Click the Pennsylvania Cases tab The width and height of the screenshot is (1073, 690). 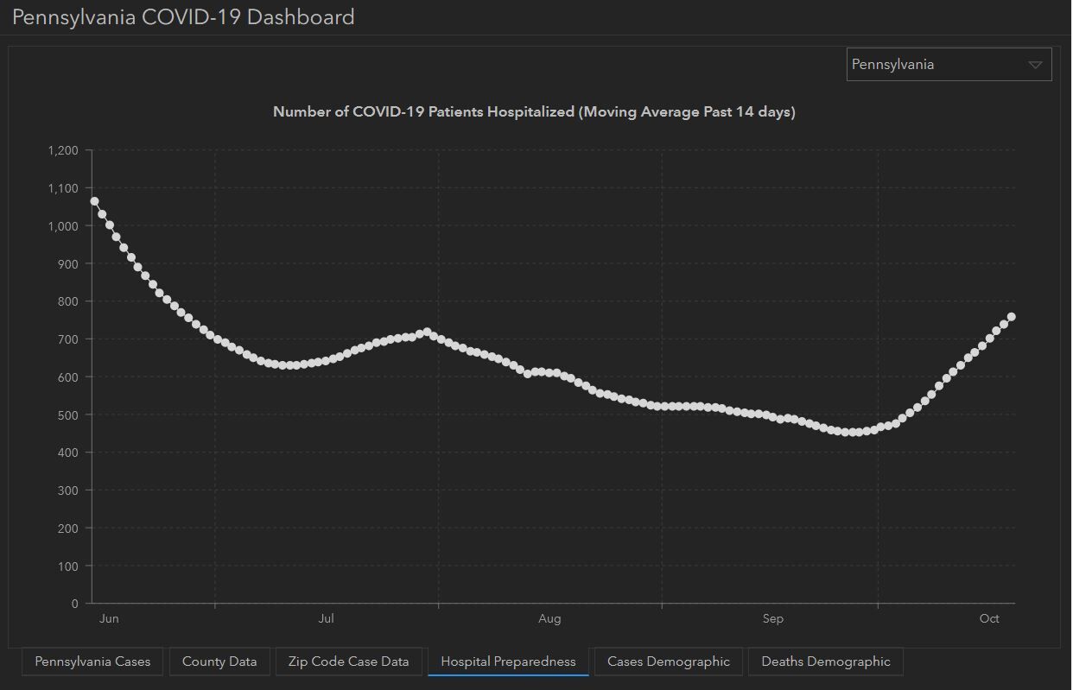point(92,662)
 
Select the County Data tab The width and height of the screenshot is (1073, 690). point(219,662)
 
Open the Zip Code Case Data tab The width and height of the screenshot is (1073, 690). point(348,662)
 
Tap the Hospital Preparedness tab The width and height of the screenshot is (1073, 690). point(508,662)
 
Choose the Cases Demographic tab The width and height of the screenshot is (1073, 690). point(668,662)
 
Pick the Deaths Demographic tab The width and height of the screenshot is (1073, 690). point(825,662)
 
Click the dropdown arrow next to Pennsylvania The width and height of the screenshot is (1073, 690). point(1035,65)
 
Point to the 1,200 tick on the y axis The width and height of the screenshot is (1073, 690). point(63,151)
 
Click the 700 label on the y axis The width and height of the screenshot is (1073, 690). point(68,339)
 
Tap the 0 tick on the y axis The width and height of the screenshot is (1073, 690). point(75,604)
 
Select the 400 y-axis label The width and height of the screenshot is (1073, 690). point(68,453)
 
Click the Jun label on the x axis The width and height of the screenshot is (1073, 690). point(109,618)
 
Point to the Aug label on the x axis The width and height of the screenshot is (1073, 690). point(549,618)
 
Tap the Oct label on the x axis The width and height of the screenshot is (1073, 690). point(989,618)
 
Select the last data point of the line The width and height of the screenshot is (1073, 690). point(1011,317)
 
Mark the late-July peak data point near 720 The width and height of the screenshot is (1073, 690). point(426,332)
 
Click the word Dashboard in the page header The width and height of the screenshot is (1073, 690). point(301,16)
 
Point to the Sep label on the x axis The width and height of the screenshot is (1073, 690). point(772,618)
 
